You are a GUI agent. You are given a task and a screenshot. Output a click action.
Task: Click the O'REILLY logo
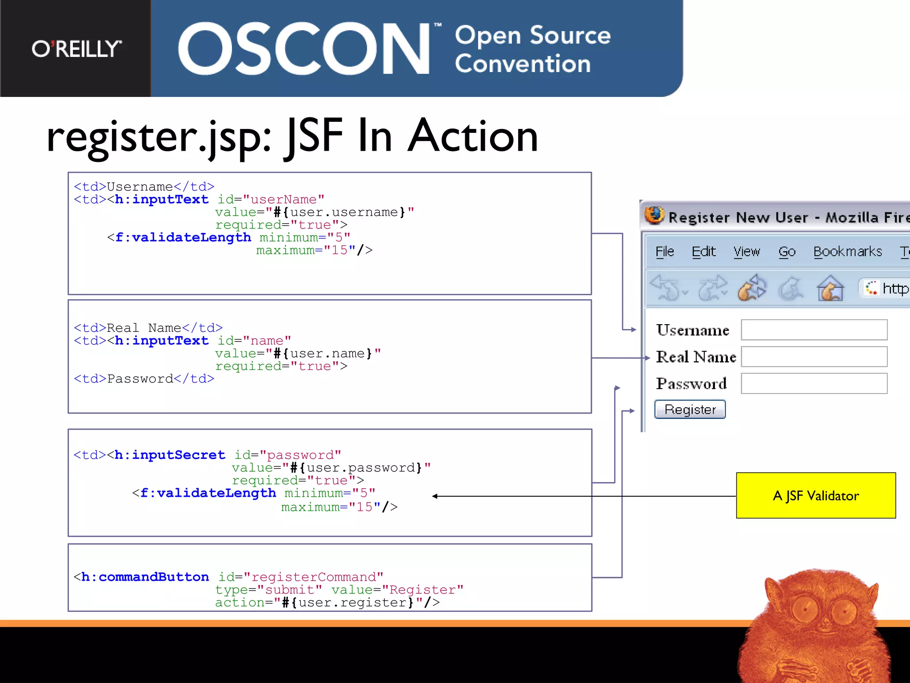pyautogui.click(x=76, y=49)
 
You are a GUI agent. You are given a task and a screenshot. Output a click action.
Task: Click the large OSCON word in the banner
pyautogui.click(x=304, y=49)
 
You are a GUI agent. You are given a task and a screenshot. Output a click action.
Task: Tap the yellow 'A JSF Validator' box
pyautogui.click(x=816, y=495)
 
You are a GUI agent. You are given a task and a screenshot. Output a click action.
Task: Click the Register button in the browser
pyautogui.click(x=690, y=410)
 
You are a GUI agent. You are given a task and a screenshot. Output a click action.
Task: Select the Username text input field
pyautogui.click(x=814, y=330)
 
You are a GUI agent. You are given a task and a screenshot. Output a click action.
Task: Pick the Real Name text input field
pyautogui.click(x=814, y=357)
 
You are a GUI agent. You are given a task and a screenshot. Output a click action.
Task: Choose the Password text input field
pyautogui.click(x=814, y=383)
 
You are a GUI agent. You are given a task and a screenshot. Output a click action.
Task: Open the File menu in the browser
pyautogui.click(x=665, y=252)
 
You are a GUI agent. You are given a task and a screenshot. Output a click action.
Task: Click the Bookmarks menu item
pyautogui.click(x=847, y=252)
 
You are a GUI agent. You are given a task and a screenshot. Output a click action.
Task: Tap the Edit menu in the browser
pyautogui.click(x=703, y=252)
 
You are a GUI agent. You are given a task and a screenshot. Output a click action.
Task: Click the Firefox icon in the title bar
pyautogui.click(x=654, y=216)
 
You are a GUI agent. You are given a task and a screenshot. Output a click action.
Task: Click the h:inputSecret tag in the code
pyautogui.click(x=170, y=455)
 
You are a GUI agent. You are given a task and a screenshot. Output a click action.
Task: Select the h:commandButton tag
pyautogui.click(x=145, y=577)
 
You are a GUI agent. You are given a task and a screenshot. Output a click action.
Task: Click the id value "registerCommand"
pyautogui.click(x=314, y=577)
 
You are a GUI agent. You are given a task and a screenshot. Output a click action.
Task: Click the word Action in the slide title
pyautogui.click(x=473, y=136)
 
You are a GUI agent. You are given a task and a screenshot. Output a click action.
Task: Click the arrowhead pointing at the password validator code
pyautogui.click(x=435, y=496)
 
